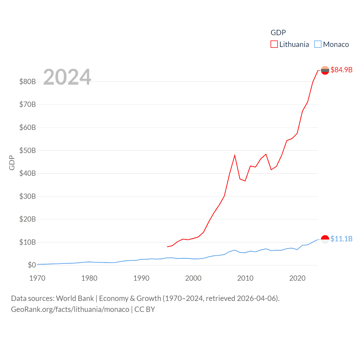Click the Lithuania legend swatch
coord(274,44)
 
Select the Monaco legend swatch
coord(318,44)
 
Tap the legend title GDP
coord(278,33)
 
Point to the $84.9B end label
coord(341,70)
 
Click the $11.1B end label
coord(341,239)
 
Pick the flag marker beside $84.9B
coord(325,70)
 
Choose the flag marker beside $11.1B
coord(325,239)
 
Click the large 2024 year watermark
coord(67,77)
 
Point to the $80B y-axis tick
coord(28,82)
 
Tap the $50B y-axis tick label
coord(28,150)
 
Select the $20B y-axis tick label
coord(28,219)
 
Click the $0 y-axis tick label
coord(32,265)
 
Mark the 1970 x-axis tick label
coord(37,278)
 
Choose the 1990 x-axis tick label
coord(141,278)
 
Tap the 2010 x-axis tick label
coord(245,278)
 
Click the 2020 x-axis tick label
coord(297,278)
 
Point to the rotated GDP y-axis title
coord(12,163)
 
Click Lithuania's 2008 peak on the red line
coord(235,155)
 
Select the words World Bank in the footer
coord(75,298)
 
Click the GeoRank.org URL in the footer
coord(70,309)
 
